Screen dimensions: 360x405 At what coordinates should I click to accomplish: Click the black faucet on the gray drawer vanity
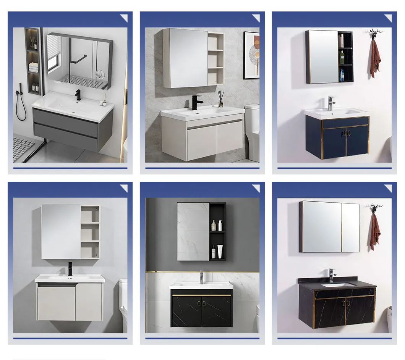tap(78, 95)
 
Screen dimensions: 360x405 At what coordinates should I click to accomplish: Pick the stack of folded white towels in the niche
tap(34, 68)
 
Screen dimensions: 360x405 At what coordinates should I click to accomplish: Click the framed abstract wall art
tap(251, 55)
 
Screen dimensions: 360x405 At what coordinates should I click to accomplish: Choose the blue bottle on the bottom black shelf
tap(342, 75)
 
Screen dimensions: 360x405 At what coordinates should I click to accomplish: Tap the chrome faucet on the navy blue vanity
tap(331, 103)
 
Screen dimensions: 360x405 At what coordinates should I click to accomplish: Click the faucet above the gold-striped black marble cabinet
tap(201, 276)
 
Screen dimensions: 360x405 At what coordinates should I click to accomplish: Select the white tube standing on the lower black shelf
tap(220, 252)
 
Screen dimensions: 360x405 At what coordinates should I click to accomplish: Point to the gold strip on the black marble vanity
tap(201, 295)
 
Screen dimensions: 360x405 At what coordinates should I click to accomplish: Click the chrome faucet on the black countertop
tap(332, 275)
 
